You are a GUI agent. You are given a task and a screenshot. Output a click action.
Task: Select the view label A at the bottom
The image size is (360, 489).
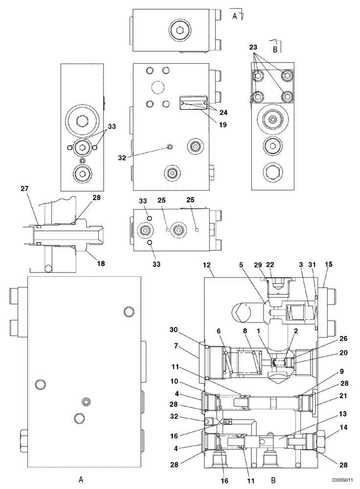coord(81,480)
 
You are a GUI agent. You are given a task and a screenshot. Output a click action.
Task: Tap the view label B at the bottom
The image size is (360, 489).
coord(273,480)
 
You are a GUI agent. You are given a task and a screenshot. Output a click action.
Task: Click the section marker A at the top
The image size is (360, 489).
coord(235,16)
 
